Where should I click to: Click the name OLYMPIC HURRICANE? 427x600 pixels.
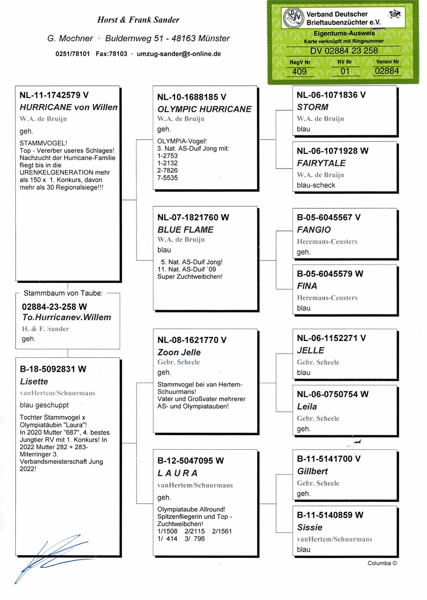point(204,109)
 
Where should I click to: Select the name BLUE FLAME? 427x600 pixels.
point(185,230)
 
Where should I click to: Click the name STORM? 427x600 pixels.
point(312,107)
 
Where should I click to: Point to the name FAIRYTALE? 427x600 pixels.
point(321,163)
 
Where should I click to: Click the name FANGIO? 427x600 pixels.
point(313,230)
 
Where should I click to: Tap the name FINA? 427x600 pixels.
point(307,286)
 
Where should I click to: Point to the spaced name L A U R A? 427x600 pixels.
point(178,473)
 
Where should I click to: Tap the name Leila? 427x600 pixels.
point(307,407)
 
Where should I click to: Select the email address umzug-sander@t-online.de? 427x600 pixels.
point(179,54)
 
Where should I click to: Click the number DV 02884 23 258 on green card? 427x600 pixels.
point(344,51)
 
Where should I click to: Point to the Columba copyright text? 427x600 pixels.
point(382,563)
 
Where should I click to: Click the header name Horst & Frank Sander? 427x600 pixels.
point(138,20)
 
